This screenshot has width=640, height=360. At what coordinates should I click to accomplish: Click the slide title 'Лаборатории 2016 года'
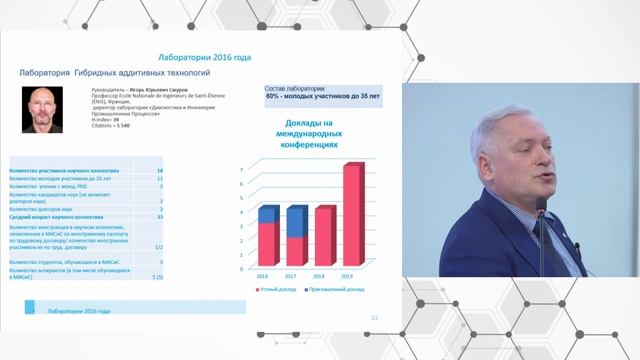[205, 57]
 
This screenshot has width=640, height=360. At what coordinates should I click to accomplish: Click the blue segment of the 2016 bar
[269, 214]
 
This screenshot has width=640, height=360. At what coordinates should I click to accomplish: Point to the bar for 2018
[325, 235]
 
